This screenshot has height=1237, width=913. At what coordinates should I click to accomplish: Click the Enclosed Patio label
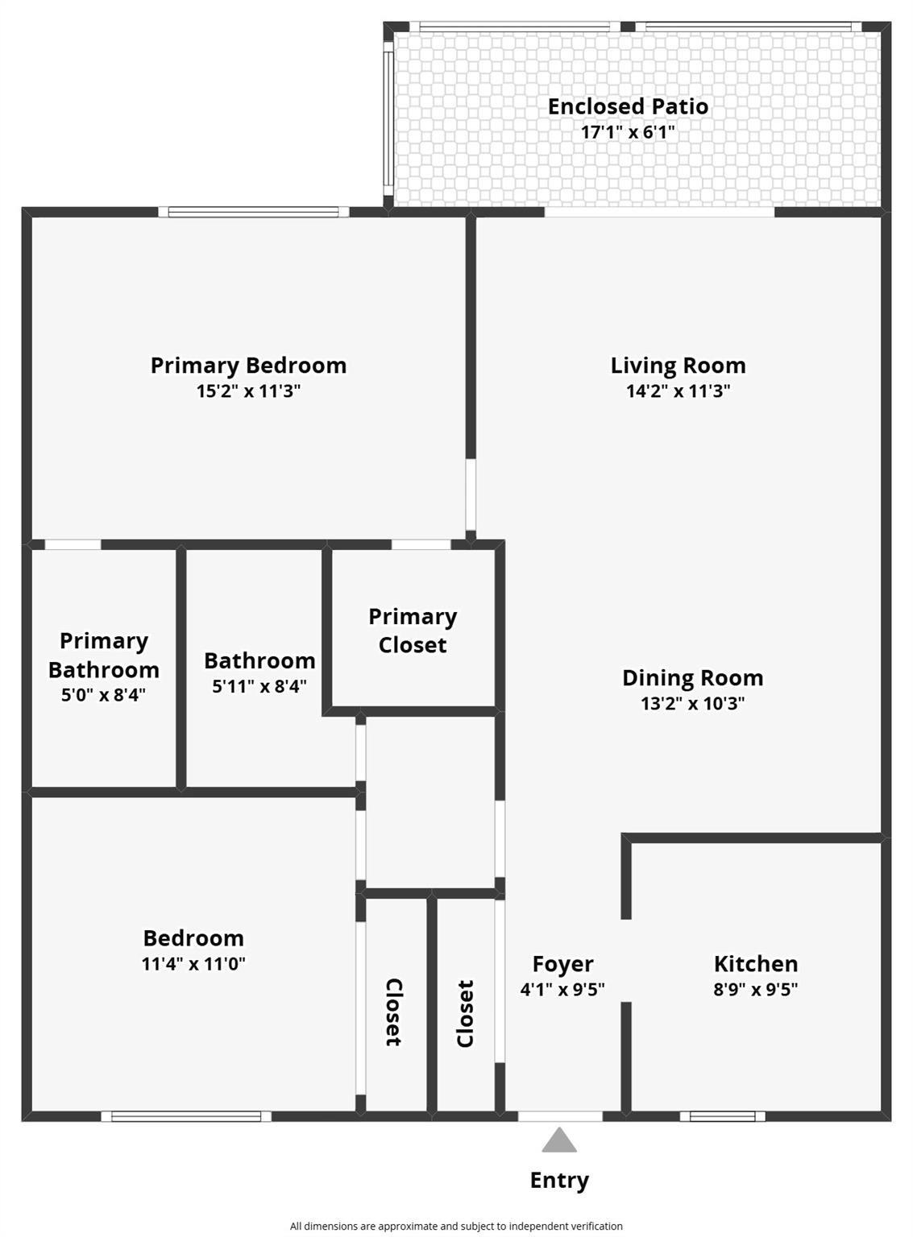click(x=628, y=106)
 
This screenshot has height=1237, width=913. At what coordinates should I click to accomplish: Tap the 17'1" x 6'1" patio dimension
click(x=628, y=132)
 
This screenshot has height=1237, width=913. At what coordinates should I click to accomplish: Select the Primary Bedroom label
click(x=248, y=366)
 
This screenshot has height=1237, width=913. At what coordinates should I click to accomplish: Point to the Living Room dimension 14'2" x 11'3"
click(x=678, y=391)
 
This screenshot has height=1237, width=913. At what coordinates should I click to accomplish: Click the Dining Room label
click(x=692, y=678)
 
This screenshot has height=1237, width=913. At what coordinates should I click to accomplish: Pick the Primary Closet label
click(x=413, y=631)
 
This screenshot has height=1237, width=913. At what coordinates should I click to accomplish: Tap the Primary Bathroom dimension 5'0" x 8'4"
click(x=103, y=694)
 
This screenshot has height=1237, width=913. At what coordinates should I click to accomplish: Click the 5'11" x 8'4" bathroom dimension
click(x=259, y=686)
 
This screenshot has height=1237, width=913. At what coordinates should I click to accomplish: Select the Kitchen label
click(x=755, y=964)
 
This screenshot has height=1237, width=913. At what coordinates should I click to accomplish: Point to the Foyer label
click(x=562, y=964)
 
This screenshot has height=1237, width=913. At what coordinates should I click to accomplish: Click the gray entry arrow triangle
click(x=559, y=1142)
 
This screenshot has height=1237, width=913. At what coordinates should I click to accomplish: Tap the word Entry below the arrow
click(x=559, y=1181)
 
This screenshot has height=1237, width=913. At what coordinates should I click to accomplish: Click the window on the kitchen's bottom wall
click(x=722, y=1116)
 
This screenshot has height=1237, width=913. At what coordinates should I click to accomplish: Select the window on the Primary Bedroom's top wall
click(x=254, y=213)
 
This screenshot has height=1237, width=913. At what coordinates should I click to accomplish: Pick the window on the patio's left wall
click(x=388, y=119)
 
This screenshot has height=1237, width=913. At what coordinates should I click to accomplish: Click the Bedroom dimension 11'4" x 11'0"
click(x=193, y=964)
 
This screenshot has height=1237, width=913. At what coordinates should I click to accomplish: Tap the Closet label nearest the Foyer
click(x=465, y=1013)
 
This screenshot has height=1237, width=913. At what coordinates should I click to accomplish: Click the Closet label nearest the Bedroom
click(x=393, y=1012)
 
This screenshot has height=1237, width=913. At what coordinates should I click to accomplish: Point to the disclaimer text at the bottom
click(x=456, y=1226)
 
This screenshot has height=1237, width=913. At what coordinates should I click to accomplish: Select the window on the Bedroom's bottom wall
click(x=186, y=1116)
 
